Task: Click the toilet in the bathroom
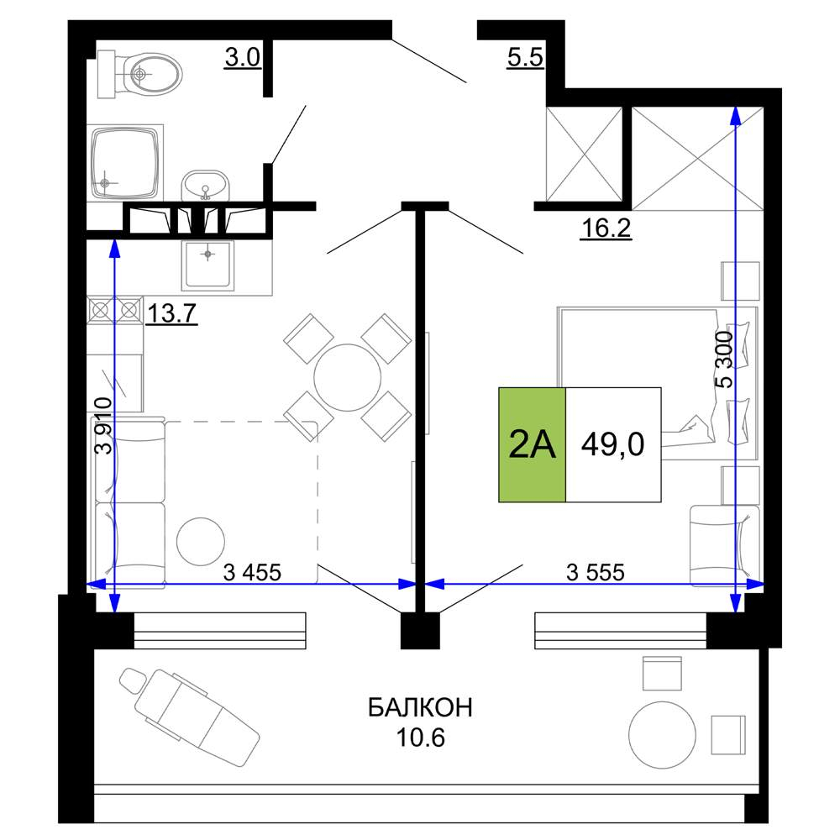(139, 74)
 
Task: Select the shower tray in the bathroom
(125, 163)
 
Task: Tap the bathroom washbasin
(205, 186)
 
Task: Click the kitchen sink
(207, 265)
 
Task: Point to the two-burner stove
(115, 311)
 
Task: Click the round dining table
(347, 377)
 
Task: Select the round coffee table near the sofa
(201, 541)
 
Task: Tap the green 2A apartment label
(532, 444)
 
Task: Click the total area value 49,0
(613, 444)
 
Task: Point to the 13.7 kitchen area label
(171, 313)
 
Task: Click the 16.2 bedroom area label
(606, 228)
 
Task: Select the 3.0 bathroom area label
(243, 57)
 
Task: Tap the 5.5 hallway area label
(526, 57)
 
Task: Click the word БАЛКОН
(421, 707)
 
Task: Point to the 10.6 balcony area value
(421, 738)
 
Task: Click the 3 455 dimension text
(252, 572)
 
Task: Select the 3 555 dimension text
(596, 572)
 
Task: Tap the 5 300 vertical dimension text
(723, 359)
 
